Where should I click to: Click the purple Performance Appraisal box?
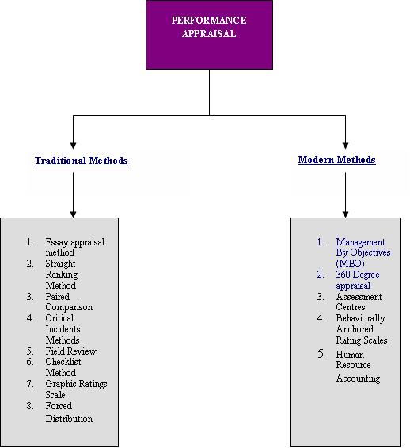pyautogui.click(x=209, y=35)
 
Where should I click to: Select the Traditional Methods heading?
pyautogui.click(x=82, y=161)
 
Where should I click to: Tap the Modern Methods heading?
pyautogui.click(x=337, y=160)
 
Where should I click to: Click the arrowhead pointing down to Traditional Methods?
pyautogui.click(x=73, y=145)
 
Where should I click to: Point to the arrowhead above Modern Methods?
pyautogui.click(x=345, y=145)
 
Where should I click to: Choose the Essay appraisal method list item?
pyautogui.click(x=75, y=248)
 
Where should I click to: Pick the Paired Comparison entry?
pyautogui.click(x=69, y=302)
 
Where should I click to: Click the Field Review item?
pyautogui.click(x=71, y=351)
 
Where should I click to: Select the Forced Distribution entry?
pyautogui.click(x=69, y=412)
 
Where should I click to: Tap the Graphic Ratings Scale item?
pyautogui.click(x=76, y=389)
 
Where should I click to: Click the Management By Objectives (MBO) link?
pyautogui.click(x=363, y=252)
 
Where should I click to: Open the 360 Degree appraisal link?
pyautogui.click(x=358, y=280)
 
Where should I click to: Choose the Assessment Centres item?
pyautogui.click(x=359, y=302)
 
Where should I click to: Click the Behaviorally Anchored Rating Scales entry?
pyautogui.click(x=362, y=329)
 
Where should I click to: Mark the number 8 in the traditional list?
pyautogui.click(x=30, y=406)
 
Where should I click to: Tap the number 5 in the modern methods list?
pyautogui.click(x=321, y=355)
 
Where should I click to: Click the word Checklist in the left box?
pyautogui.click(x=63, y=362)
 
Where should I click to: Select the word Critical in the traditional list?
pyautogui.click(x=59, y=318)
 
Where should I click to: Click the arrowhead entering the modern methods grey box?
pyautogui.click(x=345, y=215)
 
